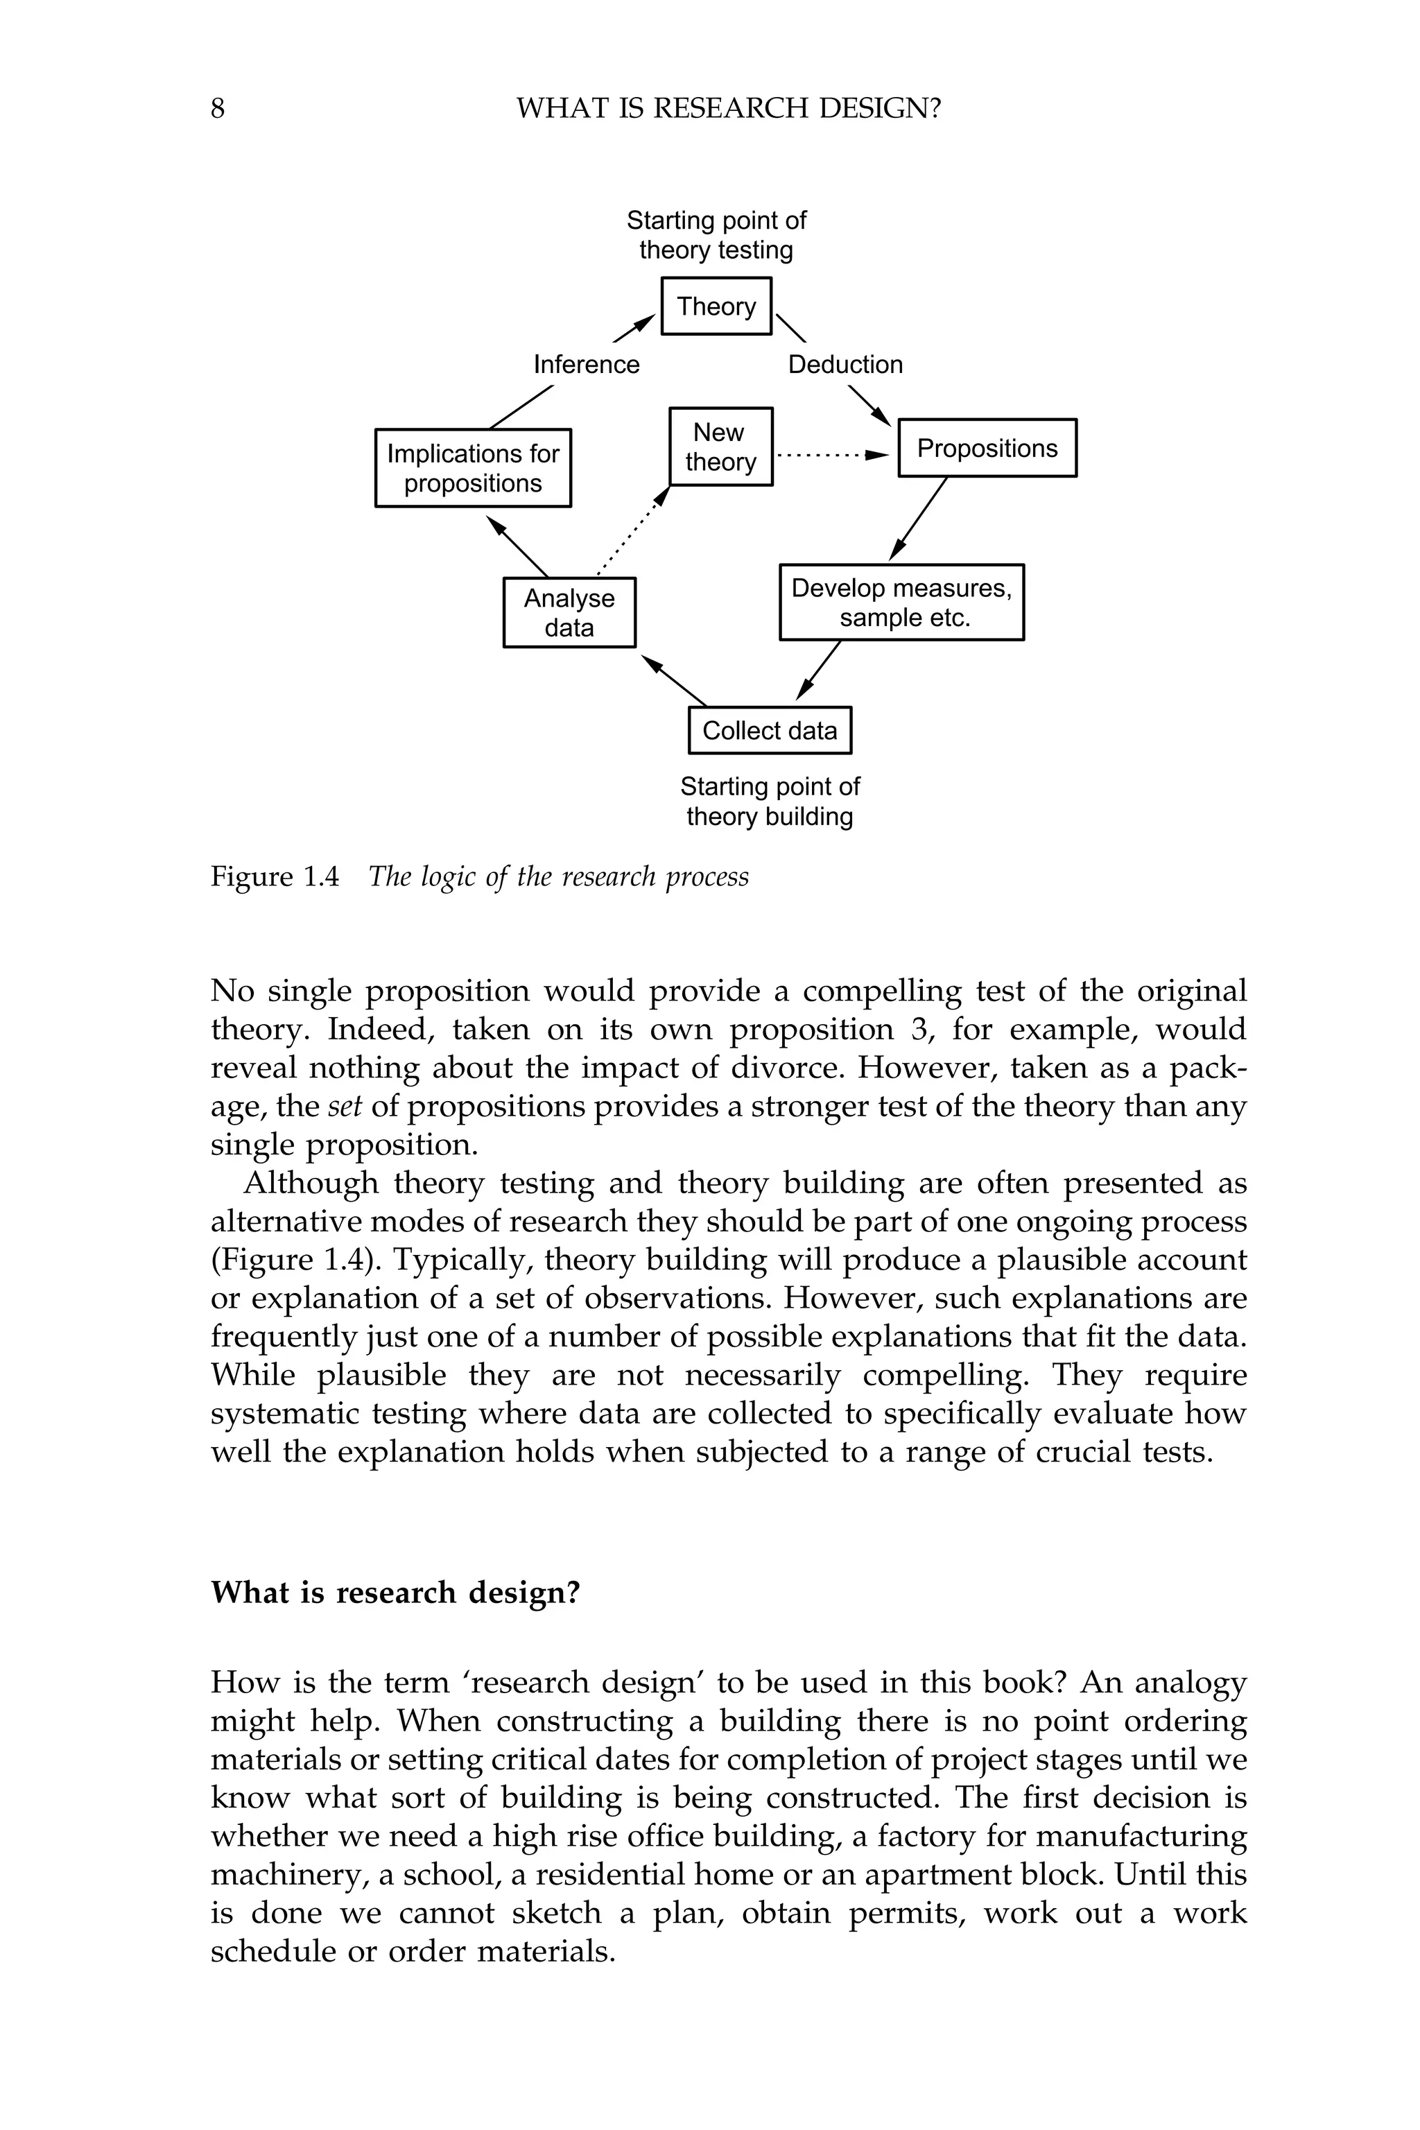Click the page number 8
217,109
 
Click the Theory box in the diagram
716,306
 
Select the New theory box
720,447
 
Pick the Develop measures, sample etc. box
901,603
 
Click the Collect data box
770,730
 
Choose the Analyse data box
569,613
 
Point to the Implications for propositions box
473,468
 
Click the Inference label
586,364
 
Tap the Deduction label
845,364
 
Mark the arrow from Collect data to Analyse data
674,681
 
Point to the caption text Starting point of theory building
769,802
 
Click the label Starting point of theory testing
716,234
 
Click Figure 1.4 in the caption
275,876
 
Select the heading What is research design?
395,1592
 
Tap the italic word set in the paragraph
344,1106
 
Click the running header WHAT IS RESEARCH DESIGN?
728,109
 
